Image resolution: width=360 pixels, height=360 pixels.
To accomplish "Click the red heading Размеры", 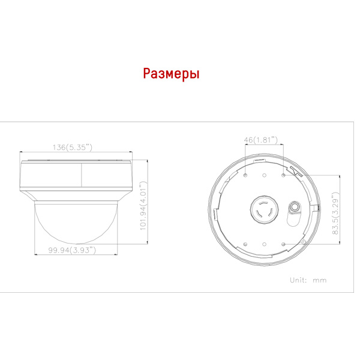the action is click(171, 74).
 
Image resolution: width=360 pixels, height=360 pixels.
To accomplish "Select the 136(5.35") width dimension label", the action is click(73, 147).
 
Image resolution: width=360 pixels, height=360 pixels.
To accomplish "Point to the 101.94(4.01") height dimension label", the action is click(143, 205).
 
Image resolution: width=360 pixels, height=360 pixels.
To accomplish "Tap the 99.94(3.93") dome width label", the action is click(72, 250).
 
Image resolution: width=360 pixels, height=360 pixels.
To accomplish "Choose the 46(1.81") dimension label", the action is click(260, 140).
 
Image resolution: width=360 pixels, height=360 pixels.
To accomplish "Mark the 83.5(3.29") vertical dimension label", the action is click(335, 214).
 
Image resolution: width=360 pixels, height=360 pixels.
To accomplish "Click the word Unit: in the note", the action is click(298, 280).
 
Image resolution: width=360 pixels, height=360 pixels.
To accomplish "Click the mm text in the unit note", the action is click(320, 281).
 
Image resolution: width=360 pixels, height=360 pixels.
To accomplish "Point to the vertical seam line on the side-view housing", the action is click(81, 175).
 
